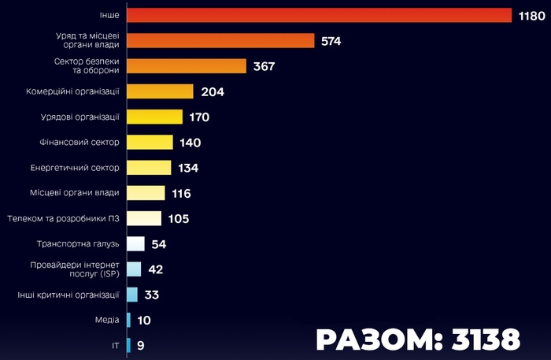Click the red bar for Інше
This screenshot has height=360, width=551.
click(x=319, y=16)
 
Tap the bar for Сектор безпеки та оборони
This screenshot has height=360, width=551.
click(x=187, y=66)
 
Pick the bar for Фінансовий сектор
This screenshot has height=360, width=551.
click(x=150, y=143)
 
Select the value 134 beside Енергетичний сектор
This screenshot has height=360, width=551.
click(x=188, y=168)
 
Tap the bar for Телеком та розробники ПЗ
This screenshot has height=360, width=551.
click(x=144, y=218)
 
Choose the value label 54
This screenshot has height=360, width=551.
click(x=159, y=244)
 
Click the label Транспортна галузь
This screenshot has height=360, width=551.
click(x=79, y=244)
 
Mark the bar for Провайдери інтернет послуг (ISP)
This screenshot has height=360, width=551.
click(x=134, y=269)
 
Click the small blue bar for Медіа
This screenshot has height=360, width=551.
click(x=128, y=320)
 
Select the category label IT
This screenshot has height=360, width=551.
click(x=116, y=345)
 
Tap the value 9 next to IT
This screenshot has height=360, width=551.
click(x=140, y=345)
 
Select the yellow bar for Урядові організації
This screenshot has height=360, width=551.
click(x=154, y=117)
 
